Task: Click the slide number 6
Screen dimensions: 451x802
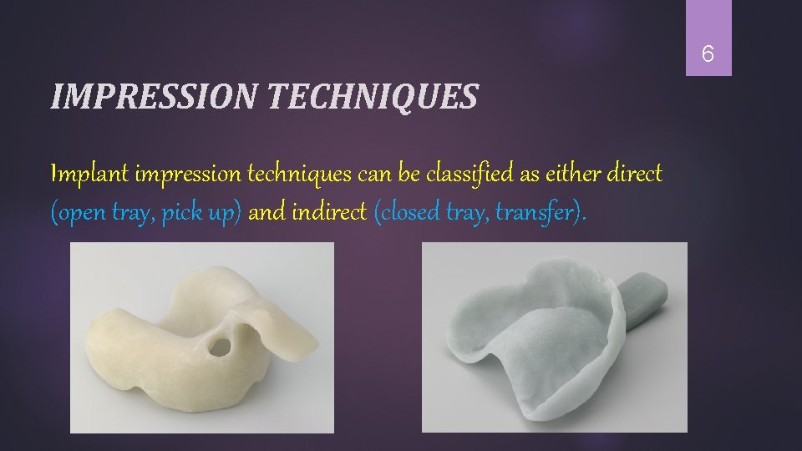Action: [x=708, y=55]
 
